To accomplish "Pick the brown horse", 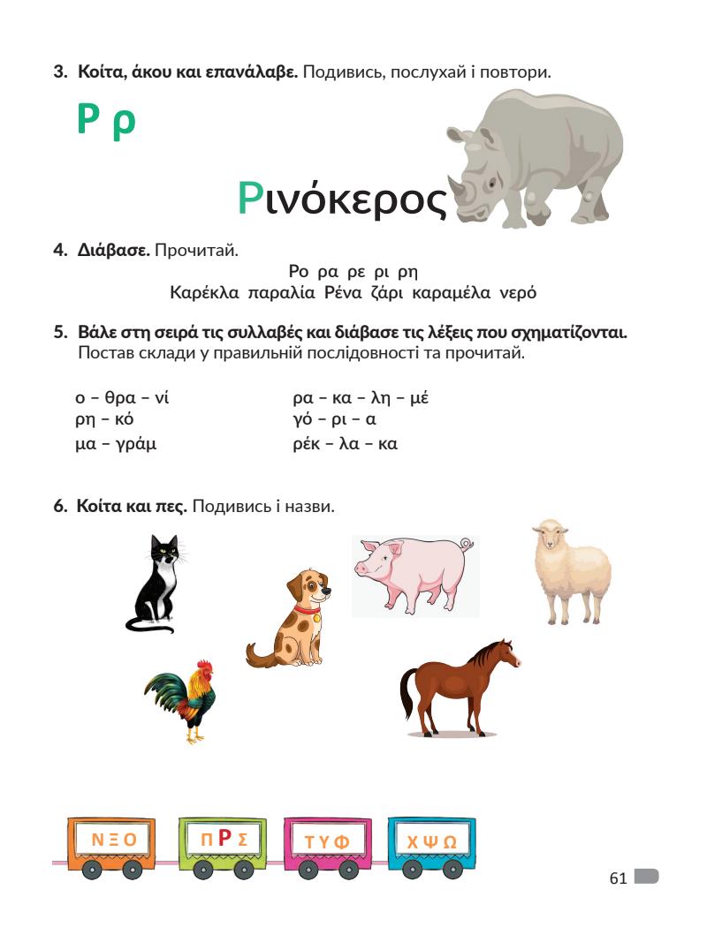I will [458, 689].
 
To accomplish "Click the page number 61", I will [618, 878].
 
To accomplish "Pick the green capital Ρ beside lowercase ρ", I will [86, 120].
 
